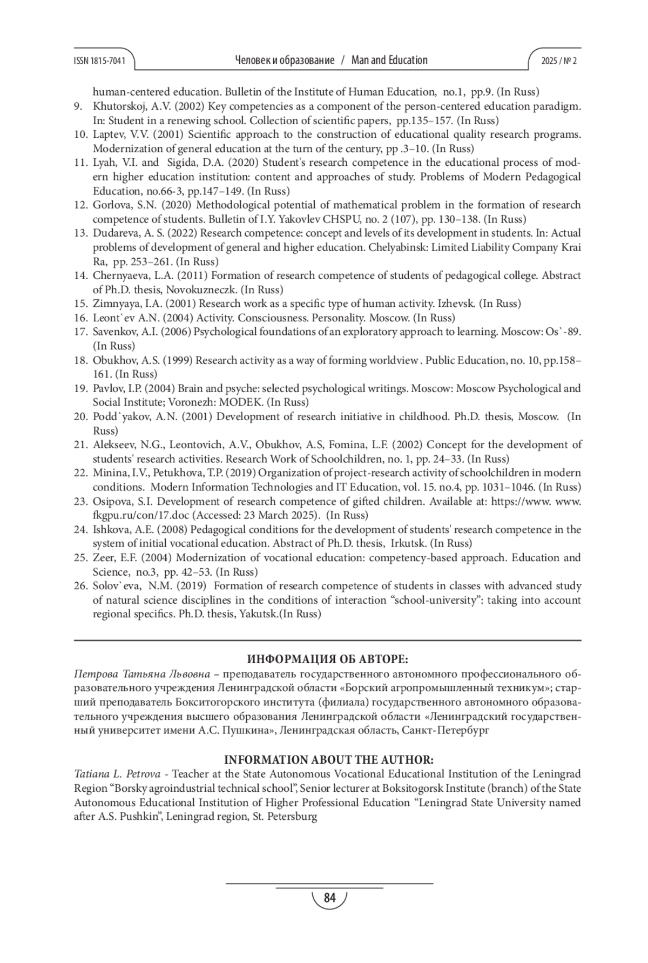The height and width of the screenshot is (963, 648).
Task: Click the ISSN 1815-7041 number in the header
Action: point(99,60)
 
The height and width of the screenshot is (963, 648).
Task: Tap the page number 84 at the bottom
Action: point(329,898)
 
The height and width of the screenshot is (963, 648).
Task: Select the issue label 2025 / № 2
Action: point(559,60)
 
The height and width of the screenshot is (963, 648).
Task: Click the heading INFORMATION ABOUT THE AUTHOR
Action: point(328,760)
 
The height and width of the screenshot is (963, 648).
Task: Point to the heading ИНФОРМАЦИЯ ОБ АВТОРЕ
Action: point(328,659)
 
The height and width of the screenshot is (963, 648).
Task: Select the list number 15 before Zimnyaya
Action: point(80,304)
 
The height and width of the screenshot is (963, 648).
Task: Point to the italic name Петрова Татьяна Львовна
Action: point(142,675)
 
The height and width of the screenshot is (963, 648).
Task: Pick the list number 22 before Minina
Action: point(80,473)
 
